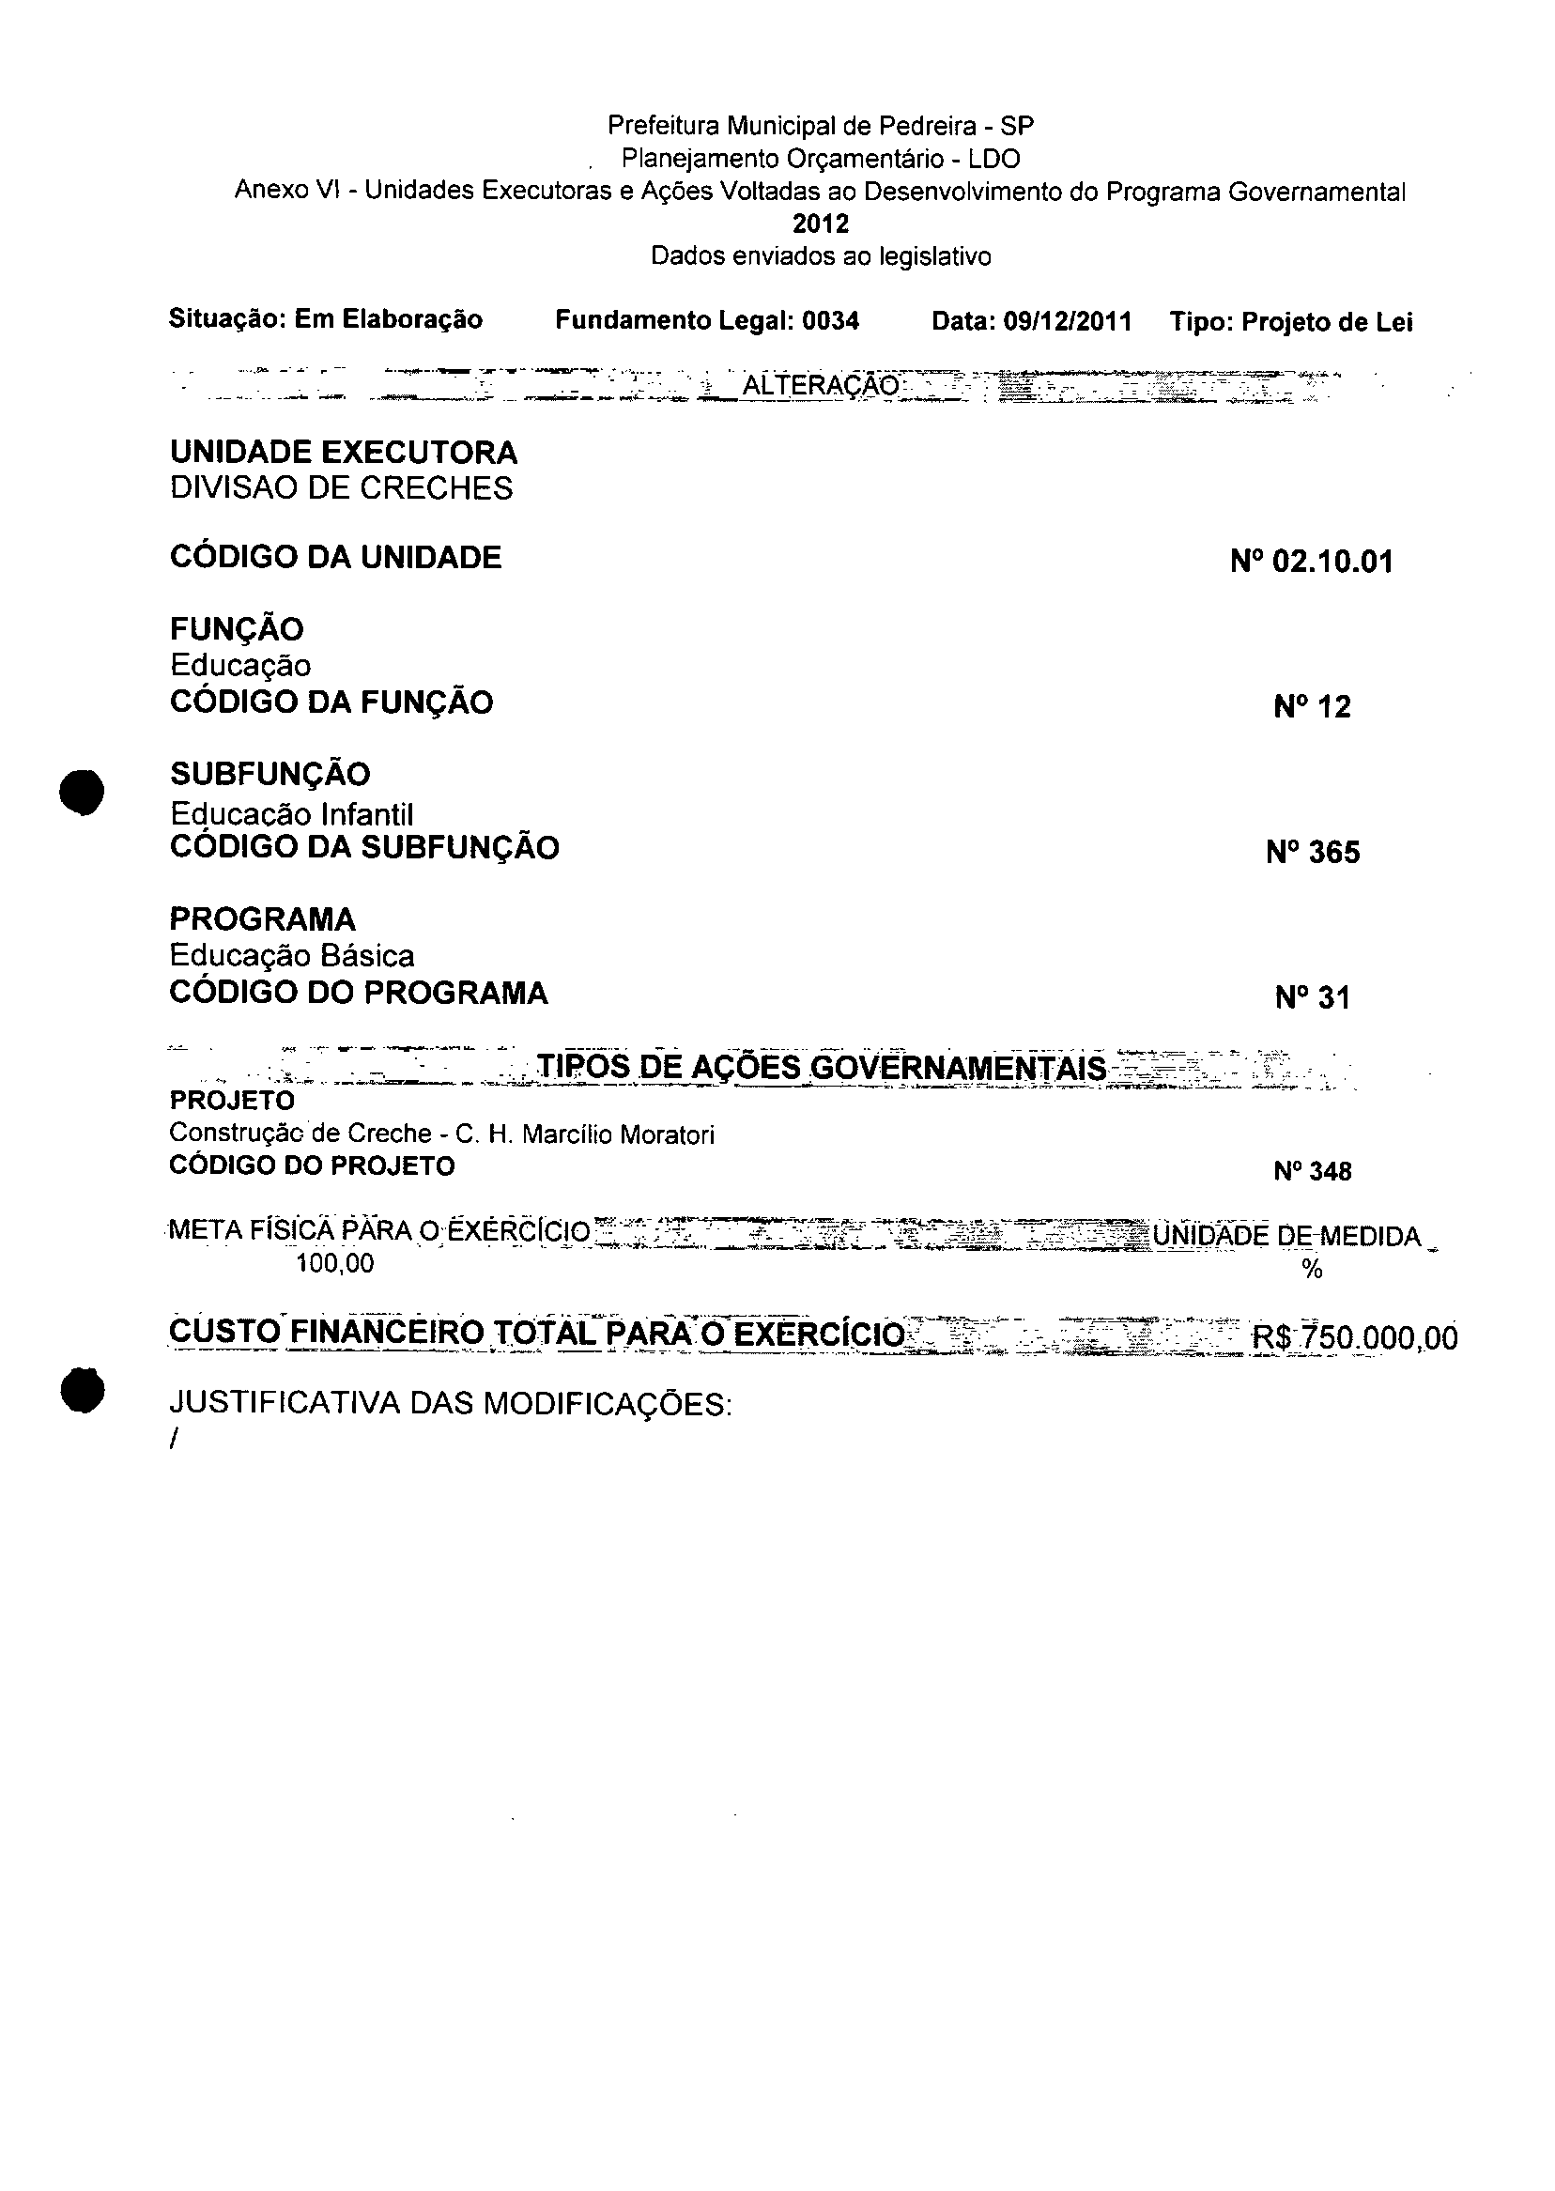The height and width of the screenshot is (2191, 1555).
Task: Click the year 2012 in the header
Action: [821, 224]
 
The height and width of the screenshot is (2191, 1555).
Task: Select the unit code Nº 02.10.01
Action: [1311, 562]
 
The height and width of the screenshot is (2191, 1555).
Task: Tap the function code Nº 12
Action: [1312, 707]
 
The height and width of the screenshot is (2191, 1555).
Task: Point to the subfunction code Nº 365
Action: [1312, 853]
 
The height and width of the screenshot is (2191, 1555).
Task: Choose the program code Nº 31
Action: [1312, 997]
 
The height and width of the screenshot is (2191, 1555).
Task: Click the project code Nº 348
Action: [1312, 1170]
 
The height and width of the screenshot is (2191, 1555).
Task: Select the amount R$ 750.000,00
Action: [1355, 1336]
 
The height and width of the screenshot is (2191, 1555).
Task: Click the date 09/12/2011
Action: [1067, 321]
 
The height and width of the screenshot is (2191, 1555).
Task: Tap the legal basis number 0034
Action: [830, 321]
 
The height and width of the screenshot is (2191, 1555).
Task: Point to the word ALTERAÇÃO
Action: [821, 386]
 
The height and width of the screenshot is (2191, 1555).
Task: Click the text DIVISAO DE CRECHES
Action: [341, 488]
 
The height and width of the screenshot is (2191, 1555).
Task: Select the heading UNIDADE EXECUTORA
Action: [343, 452]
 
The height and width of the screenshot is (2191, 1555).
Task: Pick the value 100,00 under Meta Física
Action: [335, 1263]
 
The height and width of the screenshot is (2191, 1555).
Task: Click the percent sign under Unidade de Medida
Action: [1312, 1270]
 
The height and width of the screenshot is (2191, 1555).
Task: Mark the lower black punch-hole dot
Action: [82, 1390]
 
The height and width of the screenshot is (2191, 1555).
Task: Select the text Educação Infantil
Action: [291, 814]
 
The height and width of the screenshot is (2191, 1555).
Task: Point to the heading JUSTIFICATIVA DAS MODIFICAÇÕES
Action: [450, 1404]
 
